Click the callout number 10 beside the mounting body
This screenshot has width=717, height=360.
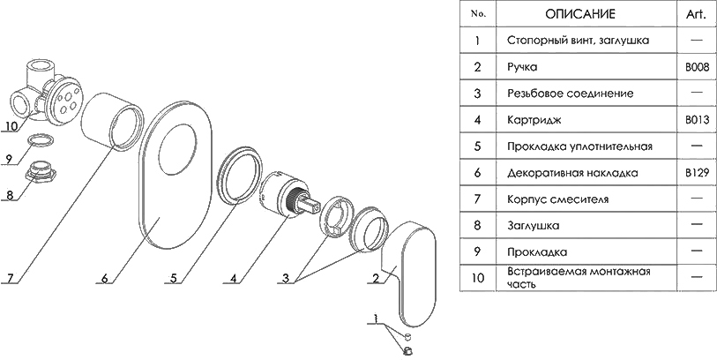(x=11, y=125)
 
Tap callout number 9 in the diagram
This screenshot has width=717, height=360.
(x=10, y=159)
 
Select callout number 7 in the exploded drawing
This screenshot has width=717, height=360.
(x=11, y=278)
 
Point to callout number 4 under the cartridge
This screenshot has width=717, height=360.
(x=234, y=278)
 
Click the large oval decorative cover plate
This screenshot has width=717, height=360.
(x=175, y=175)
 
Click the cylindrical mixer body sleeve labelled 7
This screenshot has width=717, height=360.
(x=112, y=121)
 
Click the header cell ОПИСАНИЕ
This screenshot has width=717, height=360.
(x=579, y=14)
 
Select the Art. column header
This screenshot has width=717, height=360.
(x=696, y=14)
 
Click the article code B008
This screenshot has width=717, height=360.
(x=697, y=67)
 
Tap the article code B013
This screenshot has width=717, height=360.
(x=697, y=120)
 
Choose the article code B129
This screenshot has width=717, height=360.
(x=697, y=173)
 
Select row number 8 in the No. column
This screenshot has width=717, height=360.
(x=477, y=226)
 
